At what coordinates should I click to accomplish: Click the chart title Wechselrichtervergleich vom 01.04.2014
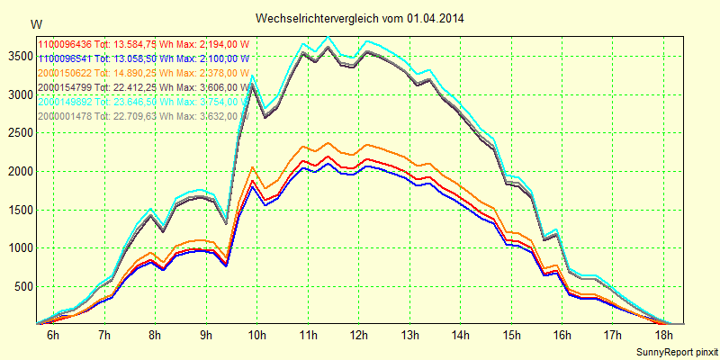[360, 18]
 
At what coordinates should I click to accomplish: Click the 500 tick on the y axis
[22, 286]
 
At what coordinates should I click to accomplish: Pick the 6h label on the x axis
[53, 335]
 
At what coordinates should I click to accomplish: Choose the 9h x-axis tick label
[206, 335]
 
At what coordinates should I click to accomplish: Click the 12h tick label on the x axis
[360, 335]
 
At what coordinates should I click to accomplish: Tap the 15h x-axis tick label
[513, 335]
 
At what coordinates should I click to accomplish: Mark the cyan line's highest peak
[328, 37]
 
